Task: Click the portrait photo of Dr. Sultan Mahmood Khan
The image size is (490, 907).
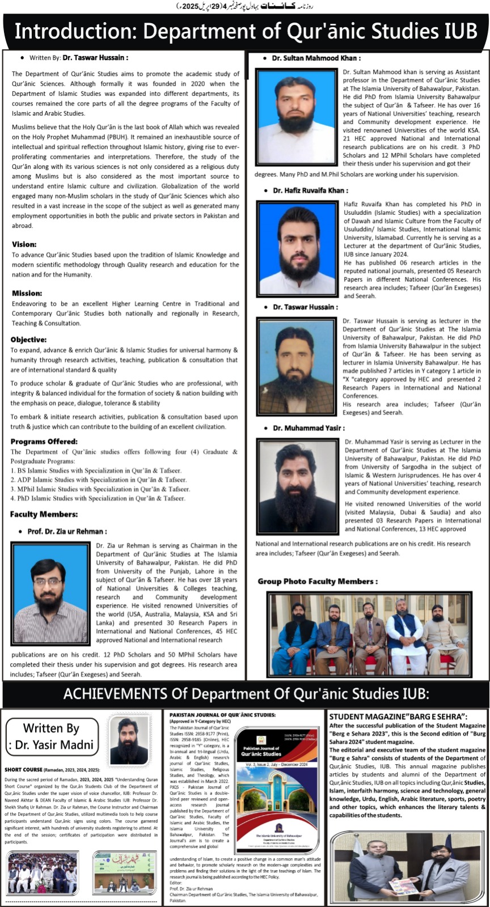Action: tap(297, 116)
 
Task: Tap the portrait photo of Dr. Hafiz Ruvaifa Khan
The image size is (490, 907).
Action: tap(297, 247)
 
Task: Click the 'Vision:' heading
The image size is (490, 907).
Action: tap(24, 244)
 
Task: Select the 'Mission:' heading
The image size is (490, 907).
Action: tap(27, 293)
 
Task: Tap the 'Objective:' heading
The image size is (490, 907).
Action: tap(28, 340)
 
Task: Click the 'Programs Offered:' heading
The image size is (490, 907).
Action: tap(44, 442)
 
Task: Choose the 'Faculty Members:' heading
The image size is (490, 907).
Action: tap(44, 514)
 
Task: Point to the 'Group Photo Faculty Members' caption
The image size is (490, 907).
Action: tap(318, 581)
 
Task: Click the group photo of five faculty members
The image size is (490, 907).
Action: tap(369, 634)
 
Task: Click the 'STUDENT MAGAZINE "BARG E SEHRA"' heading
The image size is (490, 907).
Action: tap(398, 717)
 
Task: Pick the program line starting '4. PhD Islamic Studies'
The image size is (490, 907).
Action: tap(98, 498)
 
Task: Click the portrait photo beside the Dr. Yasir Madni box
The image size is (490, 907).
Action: tap(130, 740)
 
